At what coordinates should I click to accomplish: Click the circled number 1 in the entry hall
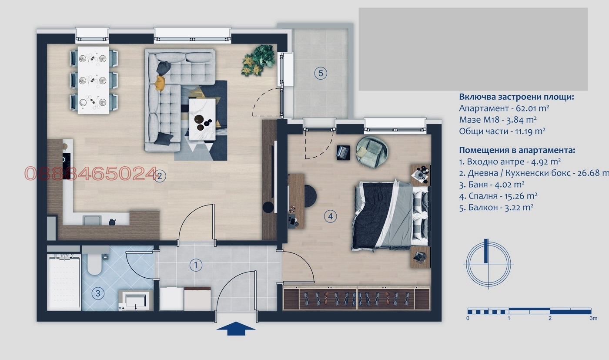point(196,265)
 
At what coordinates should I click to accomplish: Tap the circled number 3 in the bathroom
point(98,293)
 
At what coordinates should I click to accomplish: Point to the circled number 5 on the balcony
point(321,73)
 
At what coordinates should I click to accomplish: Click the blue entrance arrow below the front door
point(235,329)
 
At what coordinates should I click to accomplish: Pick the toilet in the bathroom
point(94,262)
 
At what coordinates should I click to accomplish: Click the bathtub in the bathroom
point(64,282)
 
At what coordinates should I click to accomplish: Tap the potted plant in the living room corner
point(259,60)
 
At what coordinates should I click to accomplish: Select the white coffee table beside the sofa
point(202,118)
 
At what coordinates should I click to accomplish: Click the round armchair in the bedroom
point(372,150)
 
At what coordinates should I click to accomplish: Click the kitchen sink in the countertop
point(92,220)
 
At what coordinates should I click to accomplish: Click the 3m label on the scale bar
point(593,319)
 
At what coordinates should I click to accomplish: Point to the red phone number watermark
point(90,174)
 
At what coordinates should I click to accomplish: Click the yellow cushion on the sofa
point(161,81)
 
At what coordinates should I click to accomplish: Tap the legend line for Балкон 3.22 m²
point(496,208)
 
